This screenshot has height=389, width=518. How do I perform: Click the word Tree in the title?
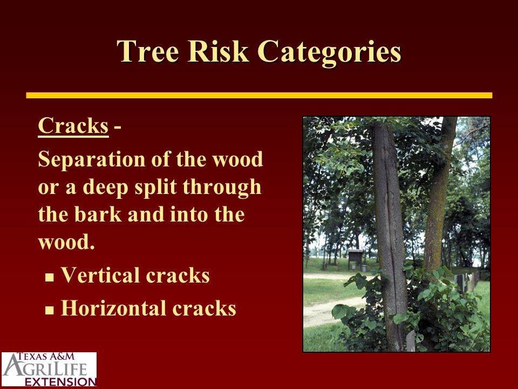pyautogui.click(x=148, y=51)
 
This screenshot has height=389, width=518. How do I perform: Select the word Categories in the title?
pyautogui.click(x=329, y=53)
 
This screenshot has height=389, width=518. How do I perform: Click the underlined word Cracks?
pyautogui.click(x=73, y=126)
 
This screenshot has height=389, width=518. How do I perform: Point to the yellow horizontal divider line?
pyautogui.click(x=259, y=95)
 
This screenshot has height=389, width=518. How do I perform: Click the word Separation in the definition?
pyautogui.click(x=92, y=160)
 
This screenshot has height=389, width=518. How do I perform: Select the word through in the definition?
pyautogui.click(x=222, y=188)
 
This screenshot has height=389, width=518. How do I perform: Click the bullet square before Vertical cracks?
pyautogui.click(x=50, y=277)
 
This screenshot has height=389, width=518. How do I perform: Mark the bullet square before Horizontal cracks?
pyautogui.click(x=50, y=310)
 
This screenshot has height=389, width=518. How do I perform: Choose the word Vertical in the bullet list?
pyautogui.click(x=100, y=275)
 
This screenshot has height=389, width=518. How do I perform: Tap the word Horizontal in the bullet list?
pyautogui.click(x=114, y=308)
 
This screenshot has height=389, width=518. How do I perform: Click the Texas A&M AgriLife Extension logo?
pyautogui.click(x=49, y=370)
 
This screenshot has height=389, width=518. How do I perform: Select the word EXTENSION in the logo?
pyautogui.click(x=60, y=381)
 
